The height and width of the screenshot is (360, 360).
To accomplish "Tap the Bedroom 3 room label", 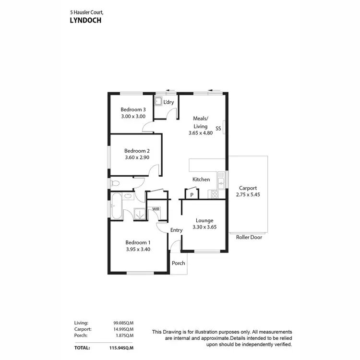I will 132,109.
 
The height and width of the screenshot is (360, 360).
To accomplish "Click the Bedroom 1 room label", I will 138,242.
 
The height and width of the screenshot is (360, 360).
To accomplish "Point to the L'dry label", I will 168,102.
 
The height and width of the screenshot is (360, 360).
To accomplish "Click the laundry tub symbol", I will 158,102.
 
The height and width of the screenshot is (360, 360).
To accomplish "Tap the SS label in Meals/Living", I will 218,129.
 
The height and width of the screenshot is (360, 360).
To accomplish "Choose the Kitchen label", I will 201,180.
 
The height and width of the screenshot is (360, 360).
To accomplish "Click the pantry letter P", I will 192,195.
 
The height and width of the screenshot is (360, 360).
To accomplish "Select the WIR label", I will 156,209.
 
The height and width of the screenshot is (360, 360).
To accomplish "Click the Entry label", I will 176,230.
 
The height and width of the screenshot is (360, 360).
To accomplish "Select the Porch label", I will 179,263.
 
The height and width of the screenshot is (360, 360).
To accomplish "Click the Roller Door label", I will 249,237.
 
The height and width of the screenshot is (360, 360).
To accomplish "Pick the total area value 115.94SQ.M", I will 119,347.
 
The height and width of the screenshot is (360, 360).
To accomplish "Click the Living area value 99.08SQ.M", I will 120,323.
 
